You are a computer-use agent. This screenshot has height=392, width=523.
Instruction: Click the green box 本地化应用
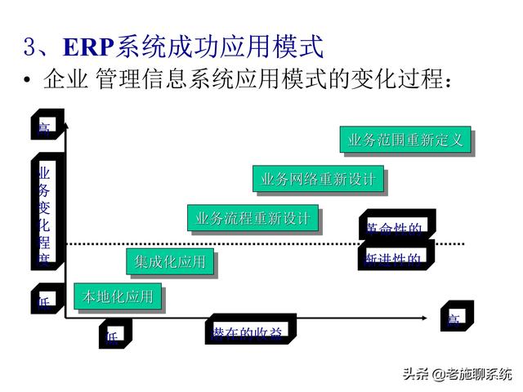[118, 297]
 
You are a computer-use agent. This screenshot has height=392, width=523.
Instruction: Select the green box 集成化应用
[170, 262]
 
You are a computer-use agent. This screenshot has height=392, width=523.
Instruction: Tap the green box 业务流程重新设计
[252, 219]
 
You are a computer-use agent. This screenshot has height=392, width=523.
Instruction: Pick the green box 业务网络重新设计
[317, 180]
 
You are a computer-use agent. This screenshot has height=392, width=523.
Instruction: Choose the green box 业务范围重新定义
[405, 140]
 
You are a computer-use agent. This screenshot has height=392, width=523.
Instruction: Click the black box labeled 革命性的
[396, 227]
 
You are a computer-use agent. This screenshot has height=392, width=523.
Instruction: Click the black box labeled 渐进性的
[396, 259]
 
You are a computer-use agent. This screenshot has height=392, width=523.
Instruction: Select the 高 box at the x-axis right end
[454, 318]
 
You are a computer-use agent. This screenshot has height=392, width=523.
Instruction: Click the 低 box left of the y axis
[45, 300]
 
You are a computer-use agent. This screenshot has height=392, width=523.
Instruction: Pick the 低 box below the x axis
[114, 335]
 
